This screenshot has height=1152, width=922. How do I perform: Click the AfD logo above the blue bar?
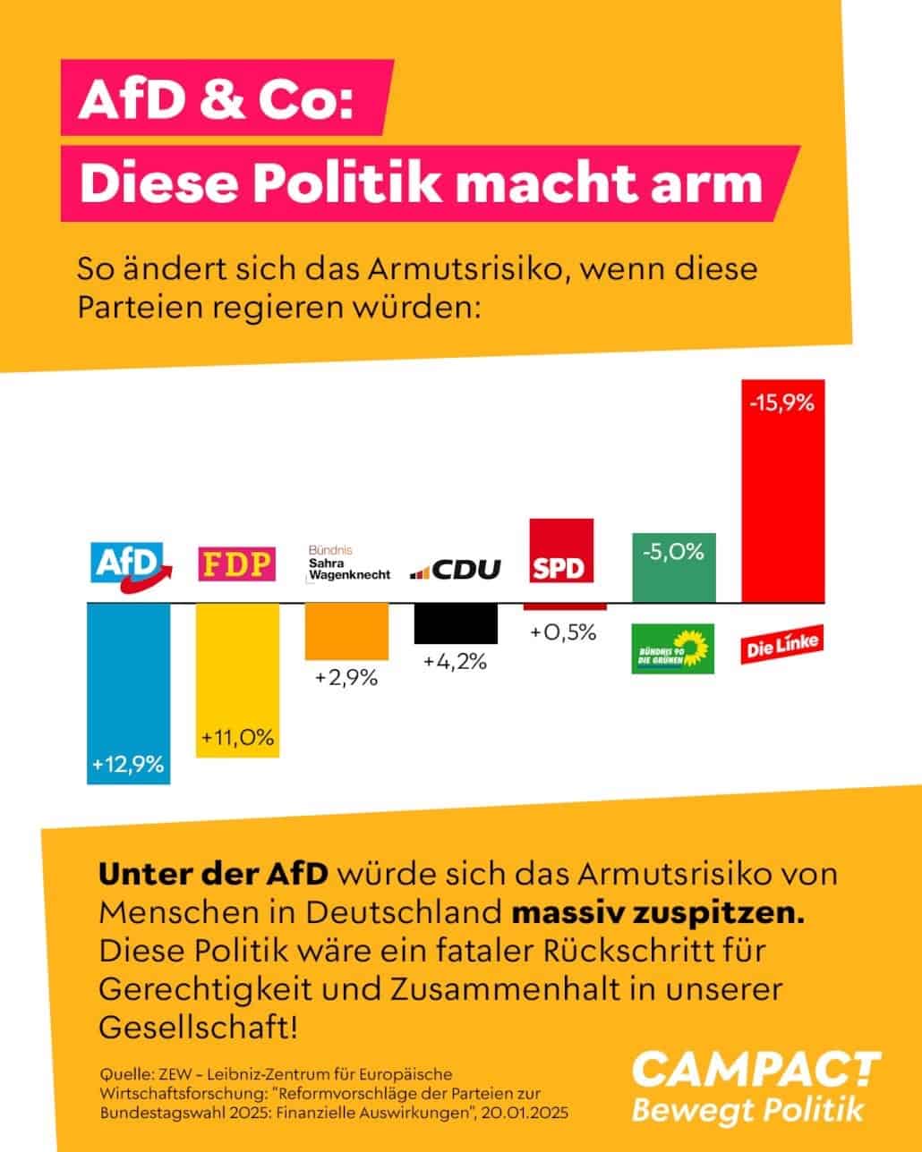pyautogui.click(x=131, y=563)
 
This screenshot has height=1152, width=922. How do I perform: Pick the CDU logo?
pyautogui.click(x=456, y=569)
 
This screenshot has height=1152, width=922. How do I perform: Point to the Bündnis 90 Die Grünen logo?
pyautogui.click(x=673, y=648)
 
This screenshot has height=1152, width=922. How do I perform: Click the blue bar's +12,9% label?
pyautogui.click(x=128, y=765)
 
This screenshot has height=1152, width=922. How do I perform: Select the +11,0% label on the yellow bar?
pyautogui.click(x=237, y=738)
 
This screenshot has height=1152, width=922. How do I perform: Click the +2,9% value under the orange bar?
pyautogui.click(x=346, y=678)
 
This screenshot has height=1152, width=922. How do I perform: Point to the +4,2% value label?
pyautogui.click(x=455, y=662)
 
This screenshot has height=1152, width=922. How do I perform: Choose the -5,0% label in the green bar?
pyautogui.click(x=673, y=551)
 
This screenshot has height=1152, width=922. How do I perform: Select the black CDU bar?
pyautogui.click(x=456, y=623)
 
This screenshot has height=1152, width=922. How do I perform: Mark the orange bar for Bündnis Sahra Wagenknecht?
pyautogui.click(x=346, y=631)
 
